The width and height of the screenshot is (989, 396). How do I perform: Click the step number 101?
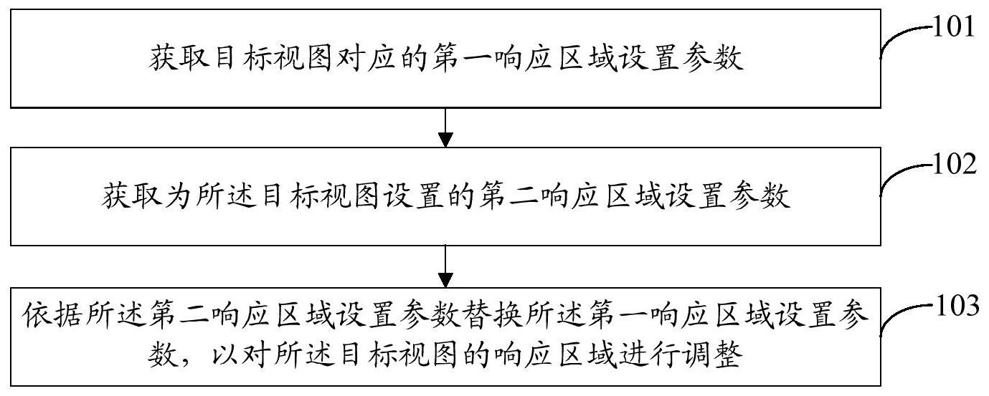point(954,29)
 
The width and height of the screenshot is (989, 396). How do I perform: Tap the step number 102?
point(954,166)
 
